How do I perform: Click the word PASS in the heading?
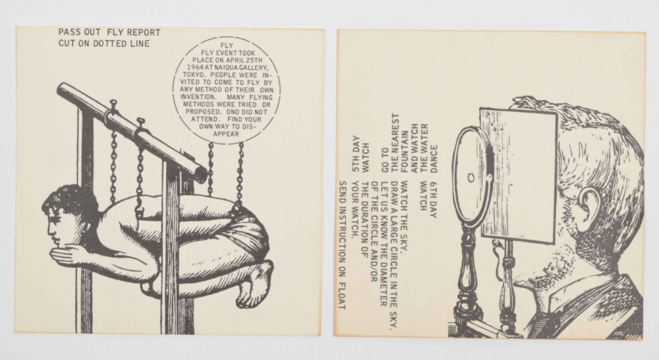click(69, 32)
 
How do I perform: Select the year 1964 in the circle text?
click(196, 67)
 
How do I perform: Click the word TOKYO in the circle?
click(193, 75)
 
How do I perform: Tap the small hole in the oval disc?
click(471, 177)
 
